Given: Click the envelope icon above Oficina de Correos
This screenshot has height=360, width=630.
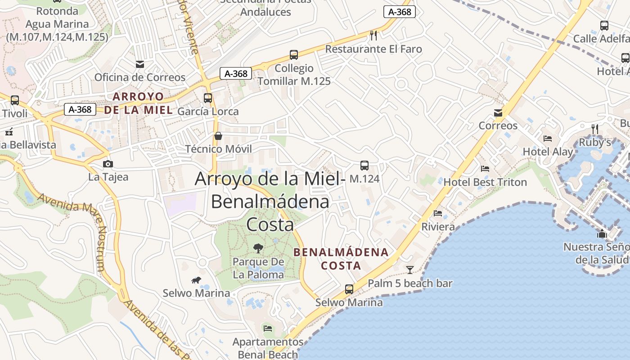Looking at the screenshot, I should (x=140, y=64).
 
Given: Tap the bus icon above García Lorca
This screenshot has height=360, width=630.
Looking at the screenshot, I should (x=207, y=98).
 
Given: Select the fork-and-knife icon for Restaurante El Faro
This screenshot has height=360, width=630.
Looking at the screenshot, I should (x=373, y=35).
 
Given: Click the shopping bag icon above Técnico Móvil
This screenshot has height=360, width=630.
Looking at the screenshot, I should (x=218, y=136).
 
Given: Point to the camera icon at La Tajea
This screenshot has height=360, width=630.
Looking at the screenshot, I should (x=108, y=164).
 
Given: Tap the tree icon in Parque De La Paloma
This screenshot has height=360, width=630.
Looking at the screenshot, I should (x=258, y=248).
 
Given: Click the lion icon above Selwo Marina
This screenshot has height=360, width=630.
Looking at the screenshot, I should (x=196, y=280).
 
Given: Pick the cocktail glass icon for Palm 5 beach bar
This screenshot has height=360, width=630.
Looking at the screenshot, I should (x=410, y=270).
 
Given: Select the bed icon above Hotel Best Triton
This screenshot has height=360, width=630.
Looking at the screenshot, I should (x=485, y=169).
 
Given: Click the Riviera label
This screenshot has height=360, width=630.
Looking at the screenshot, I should (x=438, y=227).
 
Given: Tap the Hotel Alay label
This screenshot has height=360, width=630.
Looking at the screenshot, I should (x=548, y=152).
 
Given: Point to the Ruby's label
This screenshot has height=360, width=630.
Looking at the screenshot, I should (x=595, y=142).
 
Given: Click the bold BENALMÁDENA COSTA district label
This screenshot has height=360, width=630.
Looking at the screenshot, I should (x=341, y=259).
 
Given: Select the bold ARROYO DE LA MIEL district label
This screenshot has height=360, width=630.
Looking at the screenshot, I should (x=139, y=103).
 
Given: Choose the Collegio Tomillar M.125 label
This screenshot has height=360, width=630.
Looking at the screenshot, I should (x=294, y=75).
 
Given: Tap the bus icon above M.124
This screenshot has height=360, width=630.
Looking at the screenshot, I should (x=364, y=166).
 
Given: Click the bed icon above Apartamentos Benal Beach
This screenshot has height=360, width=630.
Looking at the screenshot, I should (x=268, y=328).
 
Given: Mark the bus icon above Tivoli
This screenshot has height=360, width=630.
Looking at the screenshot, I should (x=15, y=100).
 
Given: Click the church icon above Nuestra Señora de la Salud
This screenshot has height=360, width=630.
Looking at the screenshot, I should (x=602, y=234).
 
